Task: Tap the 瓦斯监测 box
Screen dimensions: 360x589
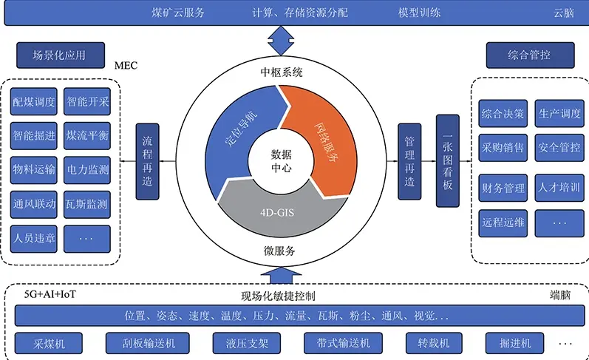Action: (x=87, y=205)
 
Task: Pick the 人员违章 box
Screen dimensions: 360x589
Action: (x=34, y=239)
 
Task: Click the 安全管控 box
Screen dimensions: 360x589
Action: (x=559, y=147)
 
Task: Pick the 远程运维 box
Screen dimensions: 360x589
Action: (x=503, y=221)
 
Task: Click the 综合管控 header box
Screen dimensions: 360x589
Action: (x=529, y=55)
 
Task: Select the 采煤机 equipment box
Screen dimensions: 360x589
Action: (x=50, y=344)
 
